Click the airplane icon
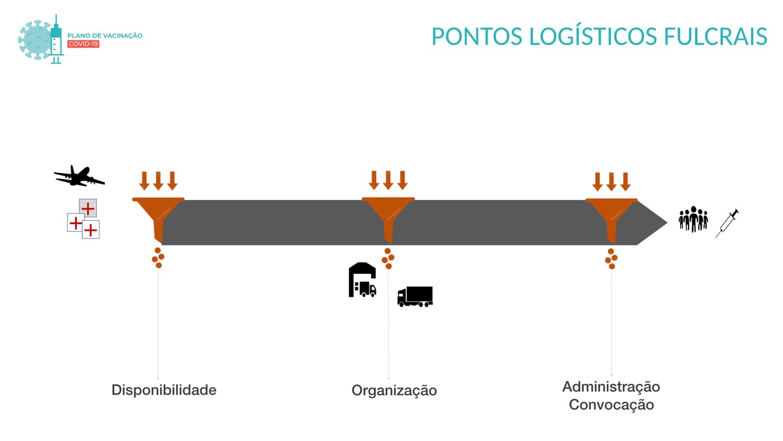point(79,176)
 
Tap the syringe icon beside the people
point(728,223)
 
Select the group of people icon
point(693,219)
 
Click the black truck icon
point(415,297)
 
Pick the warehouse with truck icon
point(363,280)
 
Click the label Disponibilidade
point(164,390)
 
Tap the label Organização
point(394,391)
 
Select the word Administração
point(611,387)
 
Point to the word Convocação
point(611,405)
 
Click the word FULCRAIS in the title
point(715,36)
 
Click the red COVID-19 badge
point(83,44)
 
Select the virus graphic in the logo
point(35,40)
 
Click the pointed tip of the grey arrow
point(667,222)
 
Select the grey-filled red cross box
point(88,208)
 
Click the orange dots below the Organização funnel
point(388,259)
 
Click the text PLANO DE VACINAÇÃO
point(105,35)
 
